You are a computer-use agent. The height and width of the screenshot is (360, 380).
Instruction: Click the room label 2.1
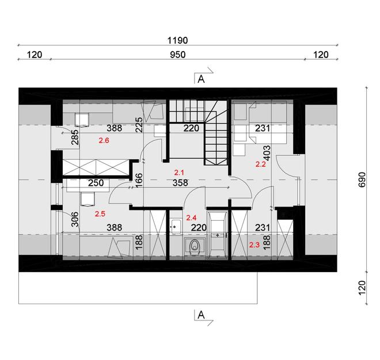(x=178, y=172)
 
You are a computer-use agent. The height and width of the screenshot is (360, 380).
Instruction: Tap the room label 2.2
(x=260, y=164)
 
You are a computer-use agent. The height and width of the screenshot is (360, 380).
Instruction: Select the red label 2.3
(x=254, y=245)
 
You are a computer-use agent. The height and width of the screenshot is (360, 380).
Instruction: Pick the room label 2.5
(x=100, y=214)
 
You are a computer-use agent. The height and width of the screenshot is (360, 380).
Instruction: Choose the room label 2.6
(x=104, y=140)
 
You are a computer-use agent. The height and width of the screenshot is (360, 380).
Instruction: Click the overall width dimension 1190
(x=177, y=41)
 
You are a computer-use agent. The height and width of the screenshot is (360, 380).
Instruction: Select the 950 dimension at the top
(x=177, y=55)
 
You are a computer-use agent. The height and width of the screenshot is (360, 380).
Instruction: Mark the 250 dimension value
(x=96, y=183)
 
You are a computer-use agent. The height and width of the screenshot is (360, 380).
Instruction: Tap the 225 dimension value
(x=139, y=125)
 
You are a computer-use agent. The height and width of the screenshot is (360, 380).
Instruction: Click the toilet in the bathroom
(x=195, y=247)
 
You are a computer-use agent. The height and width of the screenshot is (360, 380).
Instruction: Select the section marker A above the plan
(x=201, y=80)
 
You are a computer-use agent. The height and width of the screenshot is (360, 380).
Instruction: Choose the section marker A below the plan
(x=201, y=315)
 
